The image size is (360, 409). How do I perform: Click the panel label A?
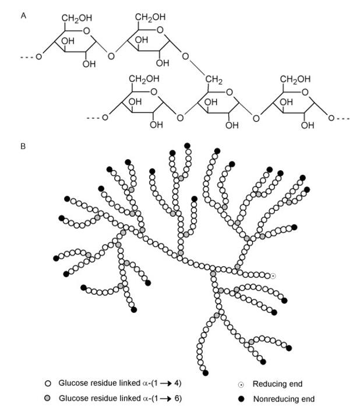pos(23,16)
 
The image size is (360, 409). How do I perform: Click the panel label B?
pos(23,146)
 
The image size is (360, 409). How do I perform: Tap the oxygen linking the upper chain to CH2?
pos(185,57)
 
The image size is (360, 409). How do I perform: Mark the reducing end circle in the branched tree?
pos(273,276)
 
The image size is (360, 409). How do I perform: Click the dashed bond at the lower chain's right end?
pos(344,118)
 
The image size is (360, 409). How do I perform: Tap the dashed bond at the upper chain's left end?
pos(27,57)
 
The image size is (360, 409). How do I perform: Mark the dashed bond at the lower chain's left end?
pos(93,118)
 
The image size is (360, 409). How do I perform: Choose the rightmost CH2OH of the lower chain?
pos(295,79)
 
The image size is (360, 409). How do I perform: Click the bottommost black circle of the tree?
pos(206,372)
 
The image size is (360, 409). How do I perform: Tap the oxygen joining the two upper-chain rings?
pos(111,57)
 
